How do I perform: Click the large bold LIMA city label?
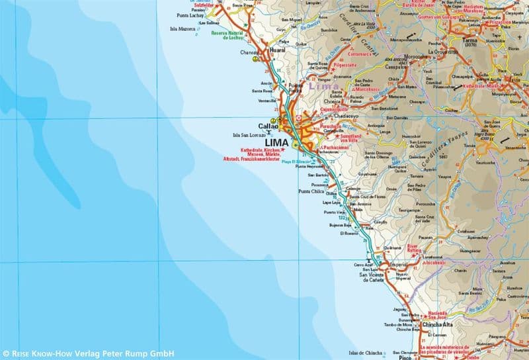[276, 142]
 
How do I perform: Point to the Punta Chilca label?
[312, 192]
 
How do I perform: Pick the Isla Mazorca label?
[183, 28]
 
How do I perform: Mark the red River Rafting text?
[420, 246]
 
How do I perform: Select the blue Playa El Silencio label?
[296, 162]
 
